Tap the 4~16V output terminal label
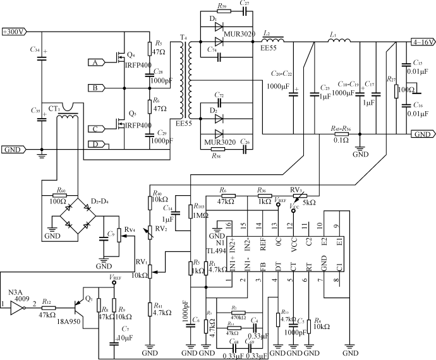(x=421, y=42)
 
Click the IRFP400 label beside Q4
(x=138, y=66)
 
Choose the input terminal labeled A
(x=95, y=63)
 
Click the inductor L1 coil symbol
(x=339, y=42)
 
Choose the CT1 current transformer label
(x=49, y=109)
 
